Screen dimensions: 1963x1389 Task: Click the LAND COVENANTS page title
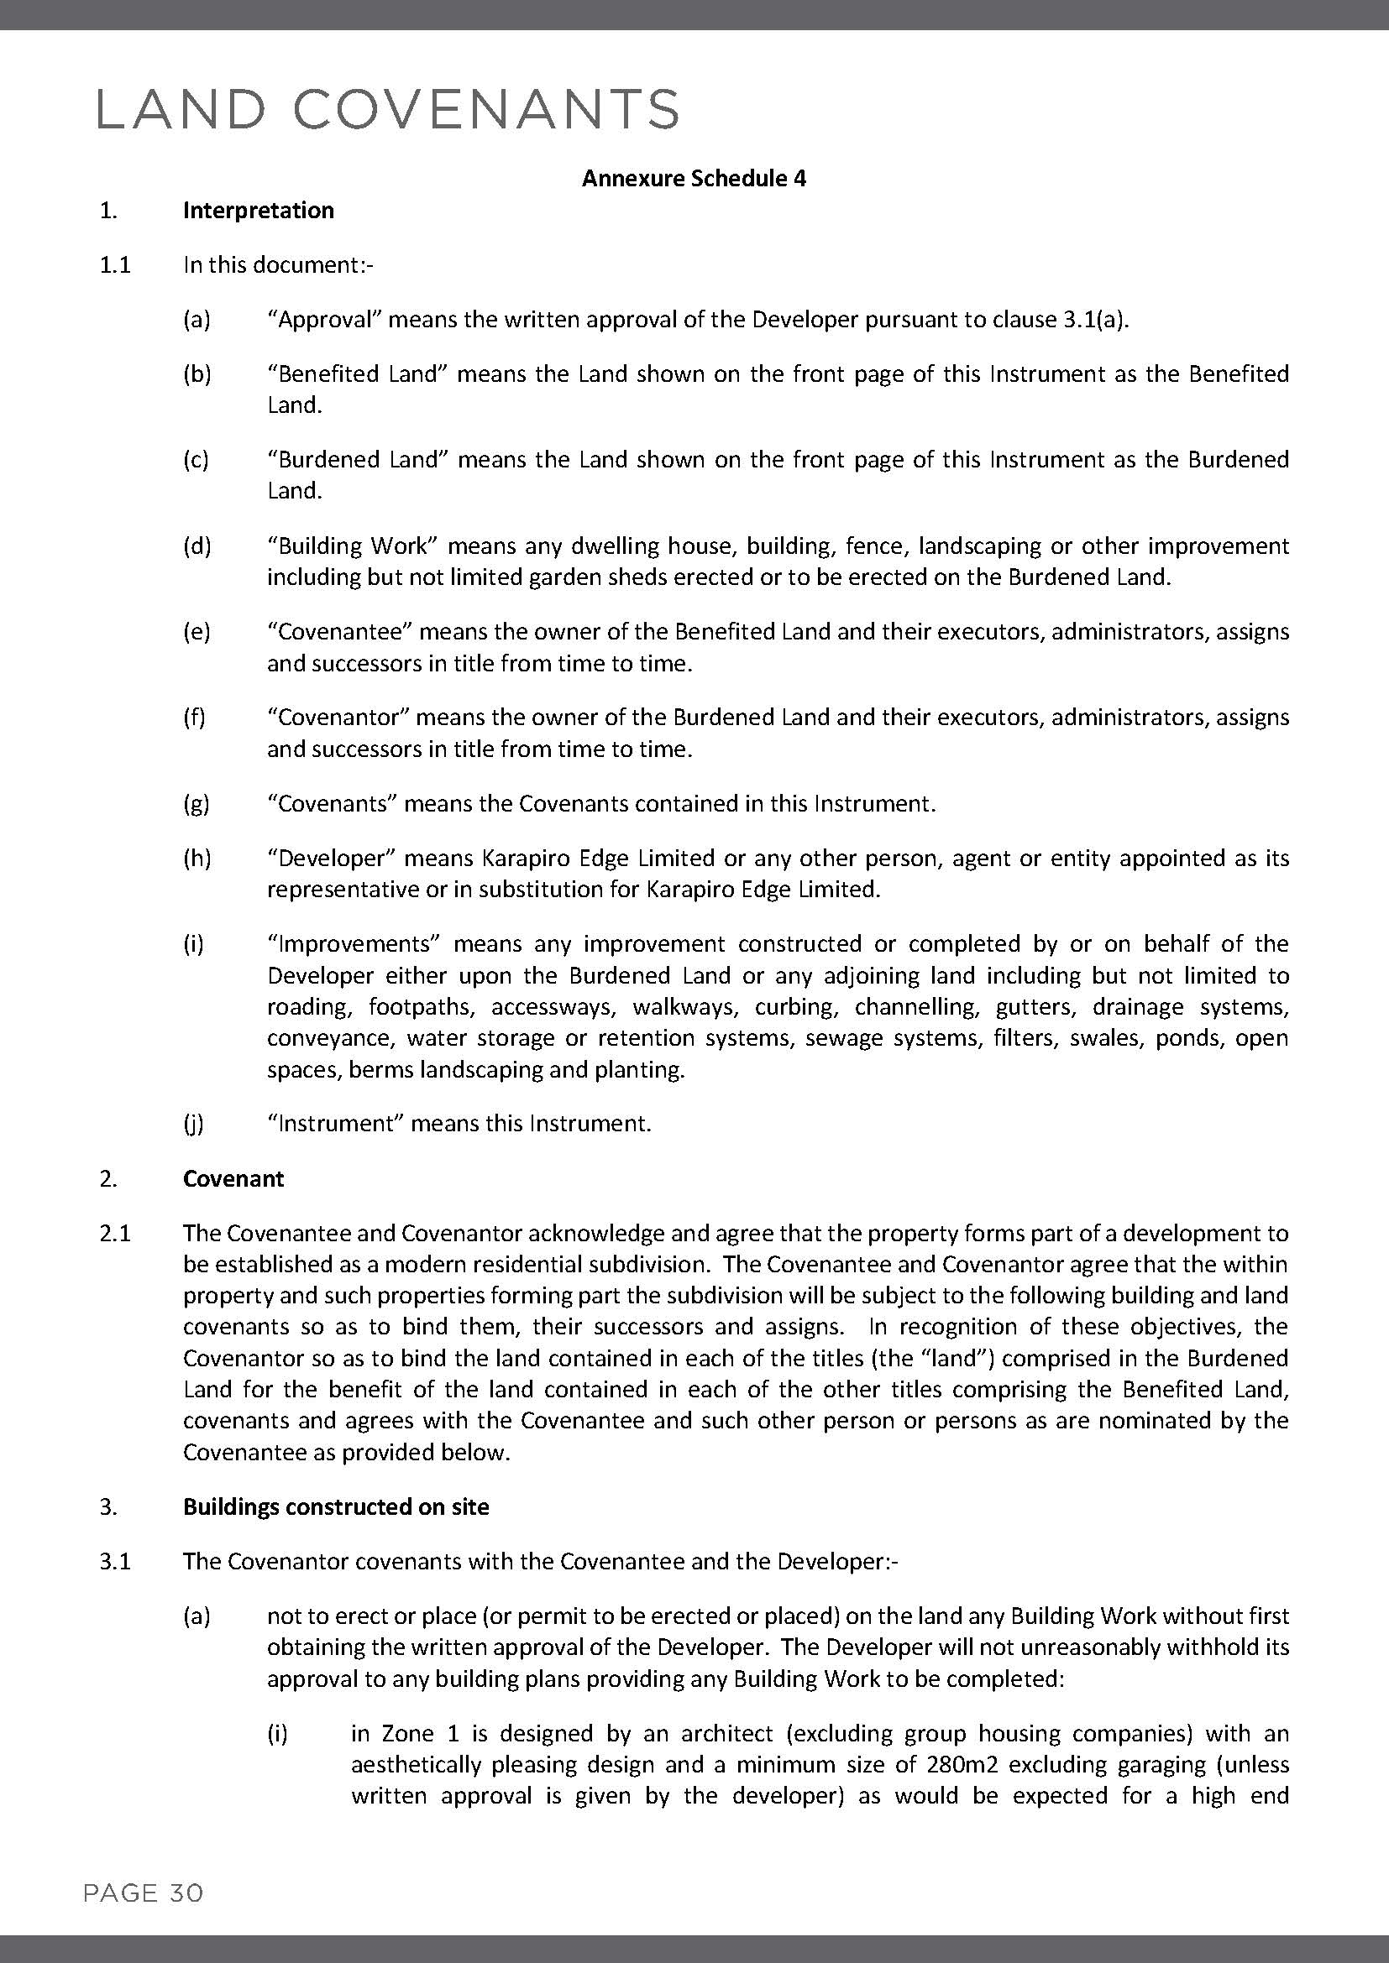(388, 109)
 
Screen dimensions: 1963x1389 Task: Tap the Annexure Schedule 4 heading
(694, 178)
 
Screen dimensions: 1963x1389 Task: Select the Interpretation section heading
(259, 211)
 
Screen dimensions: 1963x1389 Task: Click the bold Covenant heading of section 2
(233, 1178)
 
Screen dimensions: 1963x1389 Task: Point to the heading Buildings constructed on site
(336, 1506)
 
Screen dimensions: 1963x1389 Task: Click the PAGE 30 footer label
(143, 1893)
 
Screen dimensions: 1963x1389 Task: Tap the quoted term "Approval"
(324, 320)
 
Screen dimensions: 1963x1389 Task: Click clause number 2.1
(114, 1233)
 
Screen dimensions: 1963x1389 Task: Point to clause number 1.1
(114, 265)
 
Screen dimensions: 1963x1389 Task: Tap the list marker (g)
(196, 804)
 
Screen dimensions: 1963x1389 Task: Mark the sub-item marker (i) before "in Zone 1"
(277, 1733)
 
